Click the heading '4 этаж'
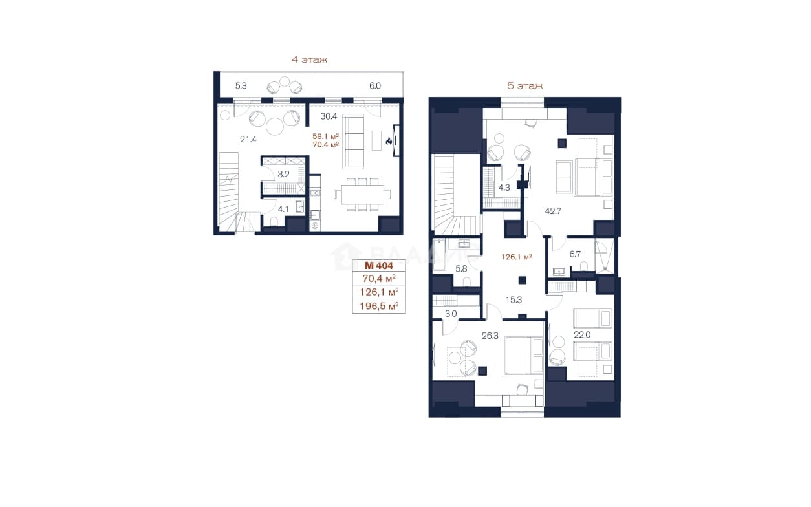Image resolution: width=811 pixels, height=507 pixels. [x=309, y=59]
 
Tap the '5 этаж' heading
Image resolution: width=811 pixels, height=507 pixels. [x=525, y=86]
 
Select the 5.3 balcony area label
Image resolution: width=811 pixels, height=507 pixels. [x=241, y=86]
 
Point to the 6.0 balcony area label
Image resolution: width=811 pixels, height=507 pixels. [x=375, y=86]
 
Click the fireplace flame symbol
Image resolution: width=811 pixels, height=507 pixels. [x=389, y=141]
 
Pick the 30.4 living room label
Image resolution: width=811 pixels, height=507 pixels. [x=329, y=116]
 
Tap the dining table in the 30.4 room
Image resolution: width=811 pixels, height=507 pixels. [x=362, y=195]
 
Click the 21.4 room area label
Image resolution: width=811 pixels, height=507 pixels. [x=248, y=139]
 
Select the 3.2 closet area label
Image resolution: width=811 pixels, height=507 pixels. [x=283, y=174]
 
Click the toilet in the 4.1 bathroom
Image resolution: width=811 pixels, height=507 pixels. [x=274, y=221]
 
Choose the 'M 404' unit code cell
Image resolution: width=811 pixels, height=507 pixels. [x=379, y=266]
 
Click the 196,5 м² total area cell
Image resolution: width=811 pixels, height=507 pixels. [x=379, y=307]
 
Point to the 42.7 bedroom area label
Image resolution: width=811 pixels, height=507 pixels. [x=553, y=211]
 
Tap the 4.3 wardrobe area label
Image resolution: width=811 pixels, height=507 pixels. [x=504, y=188]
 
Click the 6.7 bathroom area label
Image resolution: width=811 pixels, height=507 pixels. [x=575, y=254]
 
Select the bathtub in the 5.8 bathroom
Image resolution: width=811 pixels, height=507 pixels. [x=439, y=255]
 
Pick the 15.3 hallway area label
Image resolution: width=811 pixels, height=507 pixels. [x=514, y=300]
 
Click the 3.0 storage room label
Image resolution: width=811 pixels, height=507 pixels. [x=451, y=314]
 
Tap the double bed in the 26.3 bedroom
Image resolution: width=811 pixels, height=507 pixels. [x=524, y=355]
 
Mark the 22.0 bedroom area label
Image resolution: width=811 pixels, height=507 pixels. [x=582, y=335]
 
